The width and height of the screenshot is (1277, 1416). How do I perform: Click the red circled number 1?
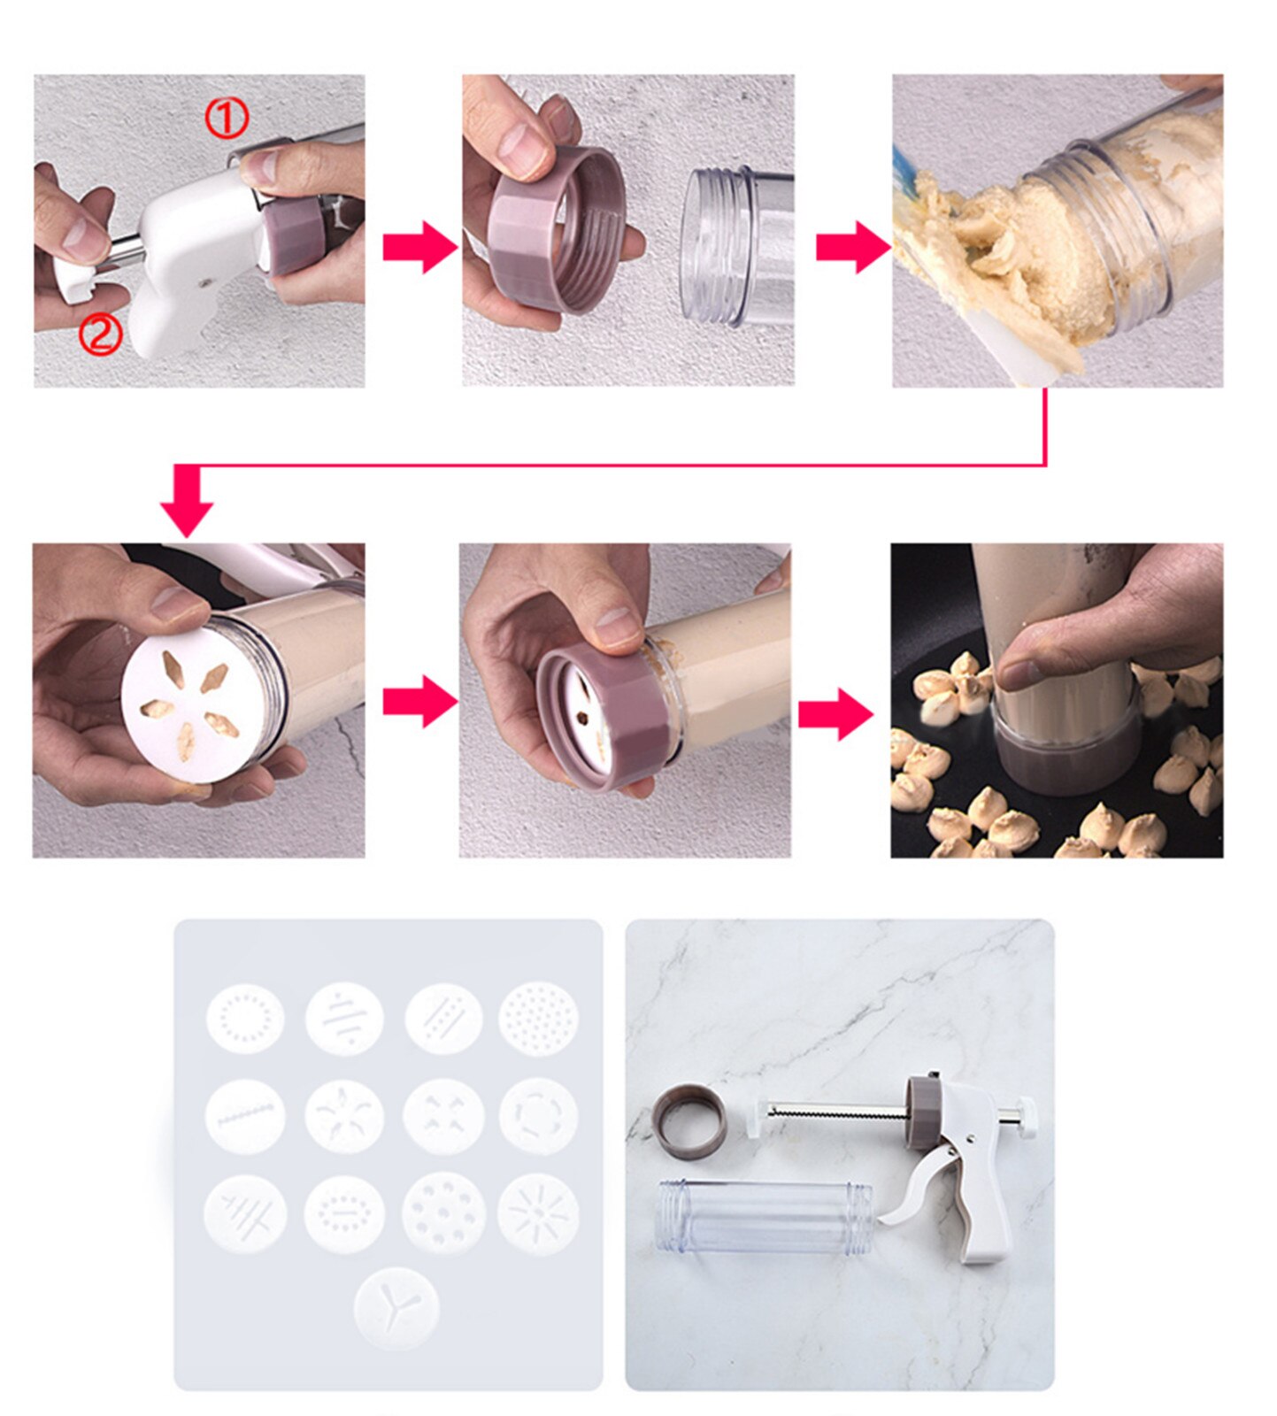(x=227, y=118)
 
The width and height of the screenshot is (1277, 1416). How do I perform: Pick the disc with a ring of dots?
(x=246, y=1018)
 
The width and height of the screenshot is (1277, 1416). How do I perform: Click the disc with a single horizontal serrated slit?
(x=246, y=1117)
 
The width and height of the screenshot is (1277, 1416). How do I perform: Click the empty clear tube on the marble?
(x=763, y=1218)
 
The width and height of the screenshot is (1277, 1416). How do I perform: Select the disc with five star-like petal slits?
(x=345, y=1117)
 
